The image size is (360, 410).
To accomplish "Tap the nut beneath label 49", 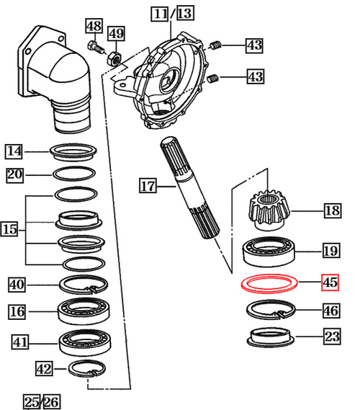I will pyautogui.click(x=113, y=58).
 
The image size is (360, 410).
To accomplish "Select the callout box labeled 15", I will pyautogui.click(x=11, y=230).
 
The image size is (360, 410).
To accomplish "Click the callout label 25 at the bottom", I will pyautogui.click(x=31, y=400).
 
